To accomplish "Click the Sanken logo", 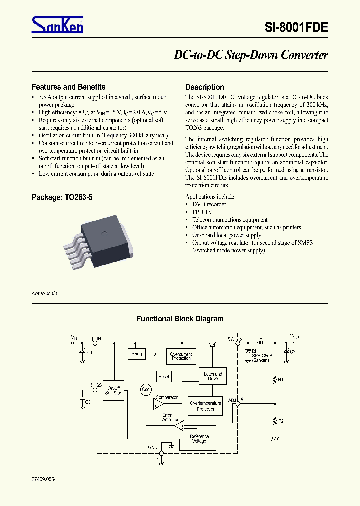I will [57, 25].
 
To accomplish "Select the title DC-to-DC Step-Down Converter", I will [250, 55].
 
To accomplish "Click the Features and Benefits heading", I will [68, 87].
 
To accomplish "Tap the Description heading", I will [204, 87].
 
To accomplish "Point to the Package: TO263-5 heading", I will [62, 197].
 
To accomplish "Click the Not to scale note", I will [44, 293].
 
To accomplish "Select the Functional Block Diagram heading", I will [180, 319].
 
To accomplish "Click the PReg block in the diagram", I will [136, 354].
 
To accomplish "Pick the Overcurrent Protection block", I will [181, 356].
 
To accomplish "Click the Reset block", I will [163, 376].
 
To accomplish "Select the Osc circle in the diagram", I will [146, 389].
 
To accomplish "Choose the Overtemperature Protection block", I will [205, 406].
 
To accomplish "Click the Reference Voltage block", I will [198, 439].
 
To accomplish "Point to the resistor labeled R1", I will [274, 380].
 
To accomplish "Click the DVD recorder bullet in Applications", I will [209, 204].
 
